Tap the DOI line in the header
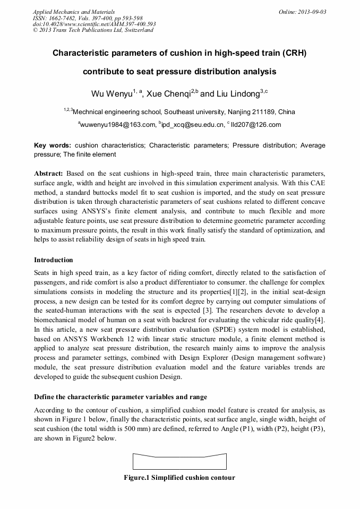[95, 24]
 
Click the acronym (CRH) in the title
[295, 53]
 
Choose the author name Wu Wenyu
[111, 94]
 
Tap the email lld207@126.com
[255, 125]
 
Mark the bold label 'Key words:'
[52, 145]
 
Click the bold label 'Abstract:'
[49, 174]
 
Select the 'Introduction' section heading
[54, 260]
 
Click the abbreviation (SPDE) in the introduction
[228, 329]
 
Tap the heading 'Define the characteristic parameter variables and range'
[120, 397]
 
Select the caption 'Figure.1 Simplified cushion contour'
[179, 477]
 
